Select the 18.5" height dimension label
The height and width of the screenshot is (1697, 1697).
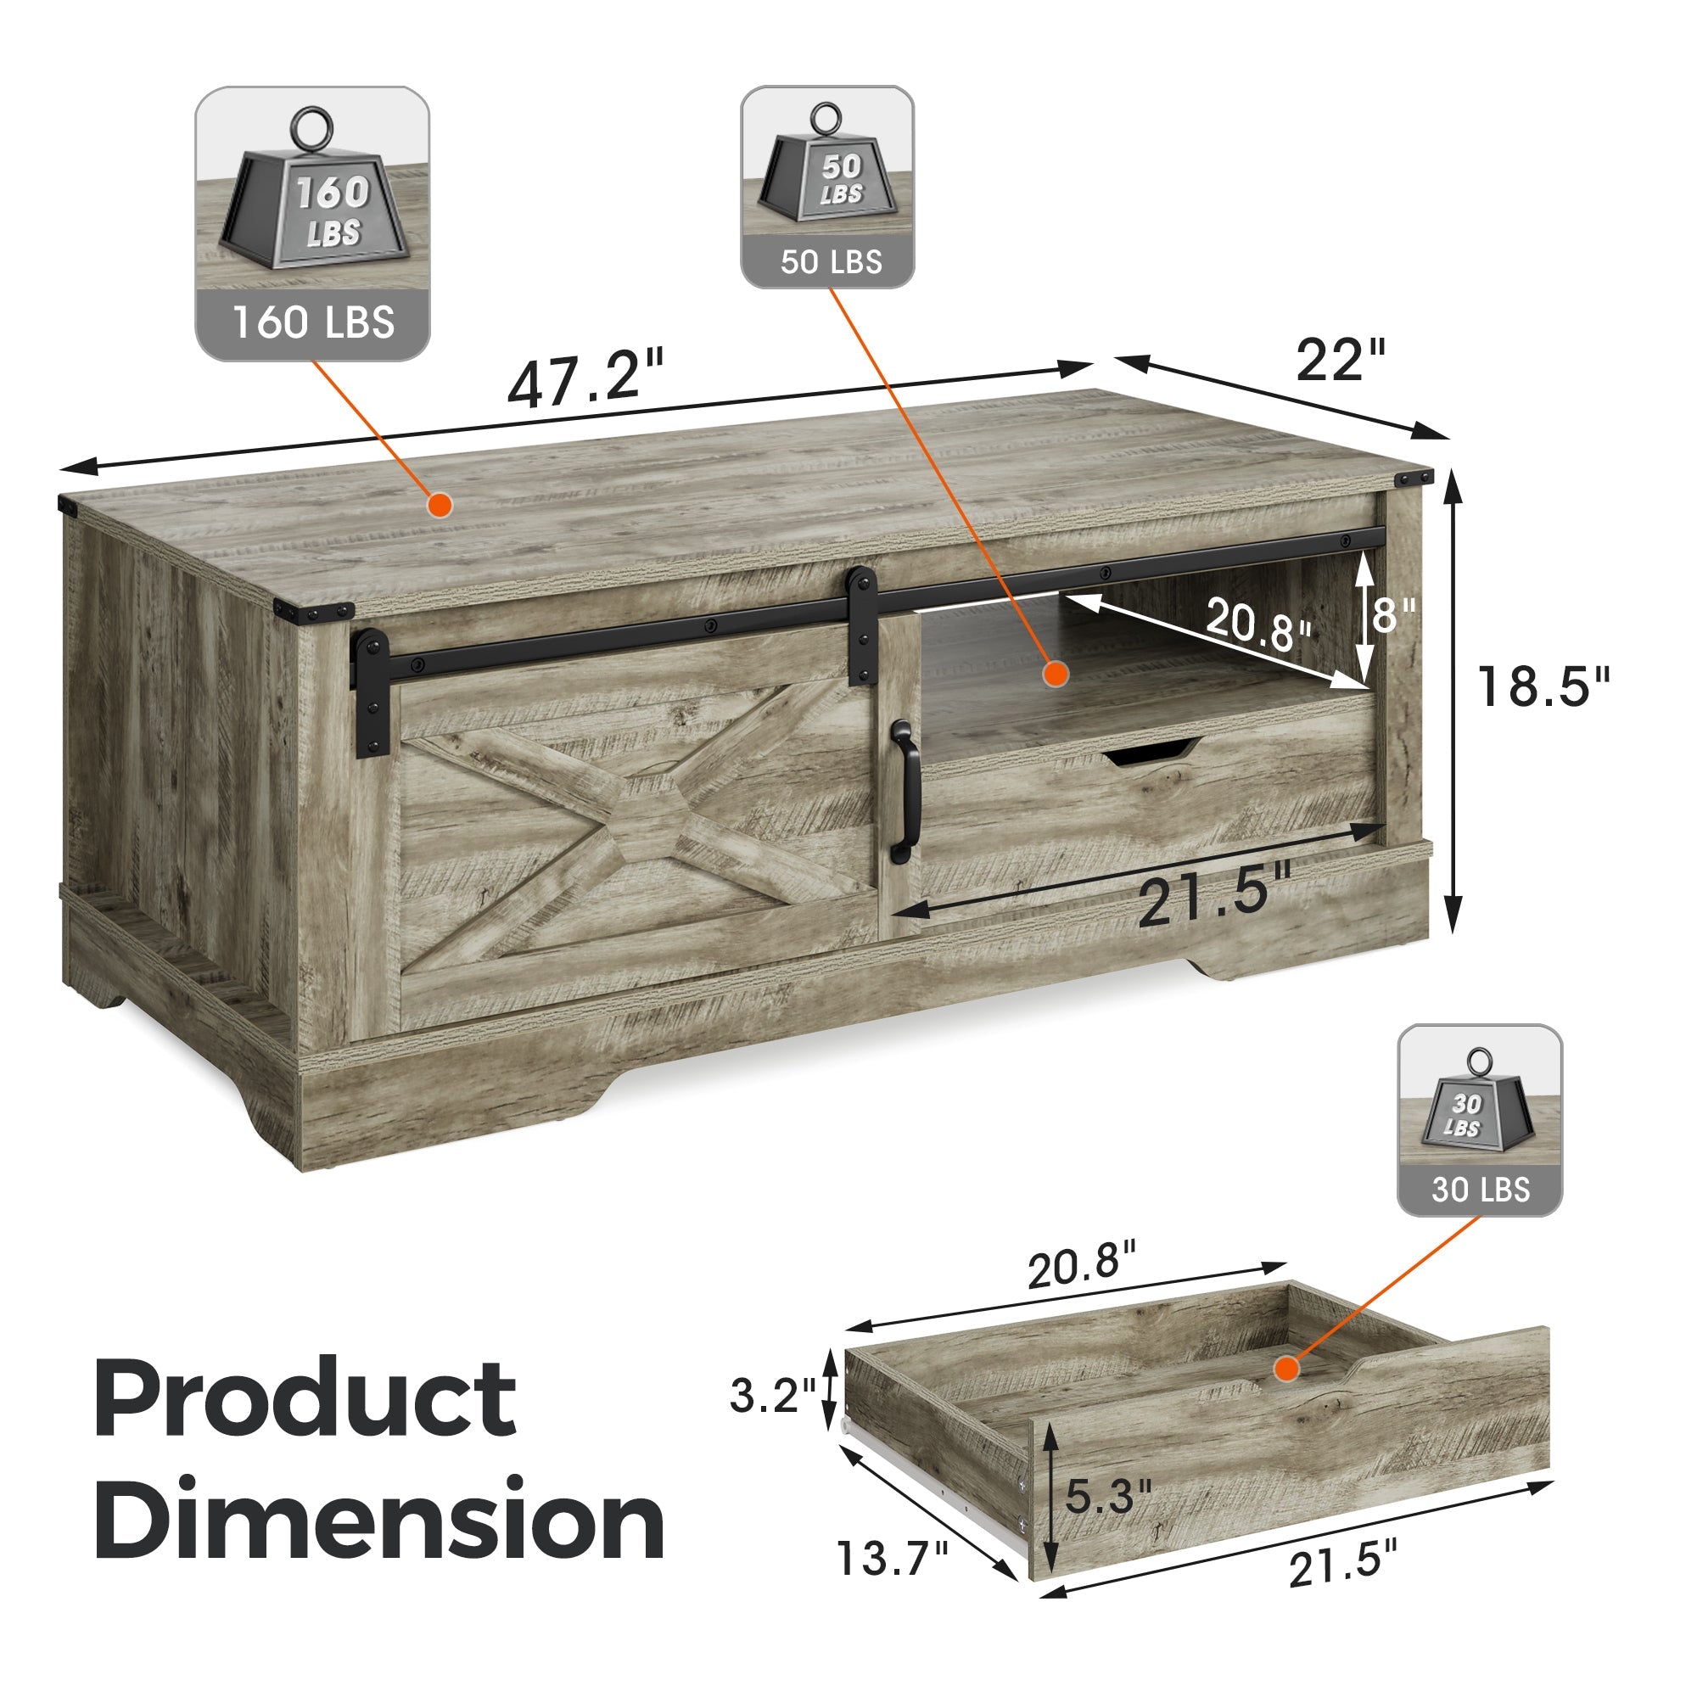pyautogui.click(x=1543, y=687)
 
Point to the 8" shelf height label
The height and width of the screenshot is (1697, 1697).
pyautogui.click(x=1394, y=615)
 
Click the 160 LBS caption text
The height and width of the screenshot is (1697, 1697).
pyautogui.click(x=313, y=322)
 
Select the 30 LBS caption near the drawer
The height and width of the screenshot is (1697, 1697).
pyautogui.click(x=1480, y=1190)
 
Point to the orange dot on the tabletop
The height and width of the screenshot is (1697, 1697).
pyautogui.click(x=440, y=504)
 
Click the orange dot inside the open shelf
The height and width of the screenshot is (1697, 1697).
pyautogui.click(x=1055, y=674)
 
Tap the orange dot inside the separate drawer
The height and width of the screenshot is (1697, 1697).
pyautogui.click(x=1287, y=1369)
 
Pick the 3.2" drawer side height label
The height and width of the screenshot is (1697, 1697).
pyautogui.click(x=773, y=1395)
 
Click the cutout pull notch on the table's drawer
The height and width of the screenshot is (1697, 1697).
pyautogui.click(x=1150, y=751)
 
